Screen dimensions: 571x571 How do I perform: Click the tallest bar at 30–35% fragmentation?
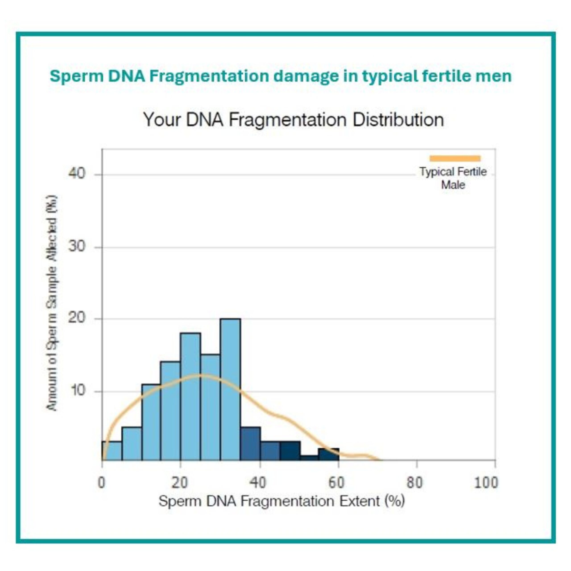pos(230,390)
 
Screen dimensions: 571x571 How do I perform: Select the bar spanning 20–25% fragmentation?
pos(191,397)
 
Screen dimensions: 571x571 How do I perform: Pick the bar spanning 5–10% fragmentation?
pos(132,444)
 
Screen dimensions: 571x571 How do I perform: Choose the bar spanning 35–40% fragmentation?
pos(250,444)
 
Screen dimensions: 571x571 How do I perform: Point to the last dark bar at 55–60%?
pos(329,455)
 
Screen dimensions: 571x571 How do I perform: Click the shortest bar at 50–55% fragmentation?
pos(309,458)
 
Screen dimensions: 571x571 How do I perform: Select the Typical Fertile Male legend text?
pos(453,178)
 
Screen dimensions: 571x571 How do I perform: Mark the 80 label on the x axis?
pos(415,483)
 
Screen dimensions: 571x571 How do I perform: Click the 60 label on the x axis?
pos(337,483)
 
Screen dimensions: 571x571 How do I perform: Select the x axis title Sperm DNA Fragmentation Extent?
pos(281,502)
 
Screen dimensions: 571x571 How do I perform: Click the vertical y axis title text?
pos(52,303)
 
